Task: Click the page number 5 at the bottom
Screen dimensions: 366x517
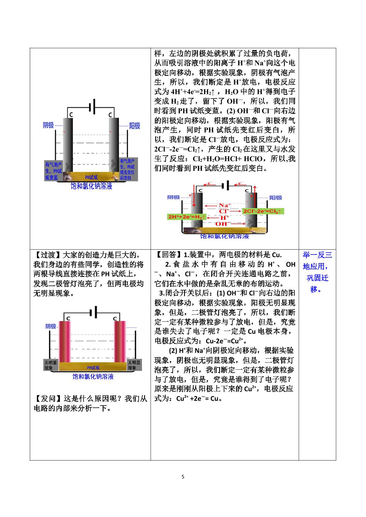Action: [183, 476]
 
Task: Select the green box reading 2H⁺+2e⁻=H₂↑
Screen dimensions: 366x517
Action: [187, 217]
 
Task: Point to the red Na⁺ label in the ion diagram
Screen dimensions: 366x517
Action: [225, 205]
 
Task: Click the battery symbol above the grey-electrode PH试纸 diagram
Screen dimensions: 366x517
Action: [92, 107]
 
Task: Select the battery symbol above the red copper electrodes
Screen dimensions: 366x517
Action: [93, 313]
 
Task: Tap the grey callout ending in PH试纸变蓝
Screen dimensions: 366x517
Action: [53, 171]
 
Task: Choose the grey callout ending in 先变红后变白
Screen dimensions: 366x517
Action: [128, 169]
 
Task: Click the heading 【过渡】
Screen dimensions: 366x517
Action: [48, 255]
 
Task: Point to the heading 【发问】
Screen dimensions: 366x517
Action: [48, 398]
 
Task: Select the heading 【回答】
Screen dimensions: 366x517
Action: [169, 255]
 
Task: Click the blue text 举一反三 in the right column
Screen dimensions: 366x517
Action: [317, 255]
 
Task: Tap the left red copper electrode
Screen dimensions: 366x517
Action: [65, 342]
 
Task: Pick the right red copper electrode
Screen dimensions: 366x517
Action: [120, 342]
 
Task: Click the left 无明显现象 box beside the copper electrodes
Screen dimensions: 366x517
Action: [51, 365]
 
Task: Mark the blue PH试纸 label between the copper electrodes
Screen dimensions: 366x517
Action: [93, 368]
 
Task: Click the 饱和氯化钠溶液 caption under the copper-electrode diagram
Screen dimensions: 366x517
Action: [93, 376]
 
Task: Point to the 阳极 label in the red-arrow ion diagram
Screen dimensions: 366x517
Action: [276, 198]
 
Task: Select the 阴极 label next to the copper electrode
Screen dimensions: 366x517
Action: [51, 326]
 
